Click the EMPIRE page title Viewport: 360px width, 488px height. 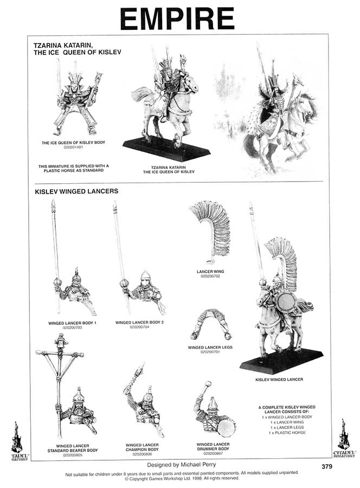[177, 20]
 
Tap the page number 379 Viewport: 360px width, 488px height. [327, 466]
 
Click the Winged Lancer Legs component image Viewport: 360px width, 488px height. [210, 325]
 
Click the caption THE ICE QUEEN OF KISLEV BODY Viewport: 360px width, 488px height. [73, 143]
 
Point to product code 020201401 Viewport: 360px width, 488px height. [73, 147]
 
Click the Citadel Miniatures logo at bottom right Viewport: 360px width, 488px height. [343, 438]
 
